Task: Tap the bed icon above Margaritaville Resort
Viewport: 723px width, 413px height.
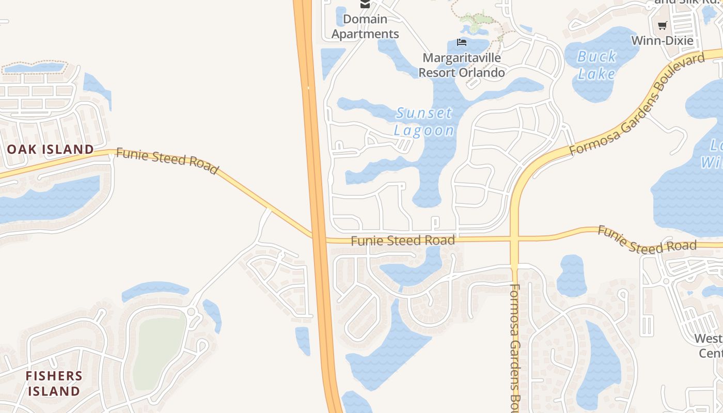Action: coord(462,42)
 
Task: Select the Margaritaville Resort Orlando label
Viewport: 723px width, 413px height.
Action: coord(461,65)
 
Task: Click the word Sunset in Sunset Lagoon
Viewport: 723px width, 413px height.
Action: coord(424,113)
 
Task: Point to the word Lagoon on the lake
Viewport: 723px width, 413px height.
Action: coord(424,130)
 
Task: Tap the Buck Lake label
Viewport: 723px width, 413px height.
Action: coord(596,65)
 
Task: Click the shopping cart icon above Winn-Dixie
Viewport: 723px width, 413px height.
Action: coord(662,25)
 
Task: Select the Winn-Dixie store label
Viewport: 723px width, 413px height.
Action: coord(662,40)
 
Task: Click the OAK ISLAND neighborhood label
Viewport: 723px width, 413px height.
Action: coord(50,150)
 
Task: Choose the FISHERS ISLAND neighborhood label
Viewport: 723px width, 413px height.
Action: coord(54,383)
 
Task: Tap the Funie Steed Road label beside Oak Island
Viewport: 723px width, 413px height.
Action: coord(167,161)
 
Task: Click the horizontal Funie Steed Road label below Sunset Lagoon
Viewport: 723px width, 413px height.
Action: coord(403,241)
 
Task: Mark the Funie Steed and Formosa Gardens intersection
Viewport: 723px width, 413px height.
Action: coord(514,239)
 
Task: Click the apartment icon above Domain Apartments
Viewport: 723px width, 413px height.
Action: coord(365,4)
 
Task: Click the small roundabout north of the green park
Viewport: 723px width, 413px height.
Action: coord(192,311)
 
